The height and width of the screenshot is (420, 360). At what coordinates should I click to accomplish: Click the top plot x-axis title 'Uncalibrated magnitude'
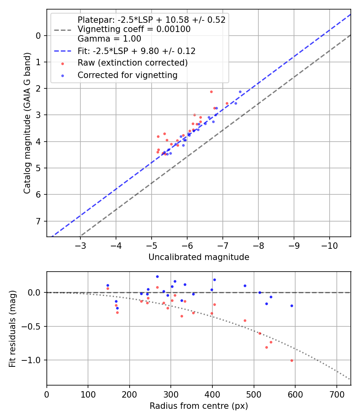pyautogui.click(x=199, y=257)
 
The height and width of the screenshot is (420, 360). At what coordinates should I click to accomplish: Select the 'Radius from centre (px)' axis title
pyautogui.click(x=199, y=406)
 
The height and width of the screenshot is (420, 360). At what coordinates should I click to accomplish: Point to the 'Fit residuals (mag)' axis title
pyautogui.click(x=12, y=328)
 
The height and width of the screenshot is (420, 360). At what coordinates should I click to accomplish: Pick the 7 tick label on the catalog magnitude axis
pyautogui.click(x=38, y=221)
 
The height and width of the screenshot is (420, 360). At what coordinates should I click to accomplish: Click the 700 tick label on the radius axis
pyautogui.click(x=336, y=394)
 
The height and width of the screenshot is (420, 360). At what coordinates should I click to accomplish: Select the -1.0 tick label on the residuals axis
pyautogui.click(x=34, y=360)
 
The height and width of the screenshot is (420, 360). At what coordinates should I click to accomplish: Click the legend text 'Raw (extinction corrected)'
pyautogui.click(x=132, y=63)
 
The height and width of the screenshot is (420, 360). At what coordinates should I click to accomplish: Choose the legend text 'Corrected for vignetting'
pyautogui.click(x=128, y=75)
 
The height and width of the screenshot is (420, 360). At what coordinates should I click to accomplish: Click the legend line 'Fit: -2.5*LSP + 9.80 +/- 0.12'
pyautogui.click(x=62, y=51)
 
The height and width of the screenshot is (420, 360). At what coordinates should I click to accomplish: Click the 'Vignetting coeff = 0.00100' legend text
pyautogui.click(x=134, y=29)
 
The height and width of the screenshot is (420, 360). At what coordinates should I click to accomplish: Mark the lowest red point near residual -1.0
pyautogui.click(x=292, y=360)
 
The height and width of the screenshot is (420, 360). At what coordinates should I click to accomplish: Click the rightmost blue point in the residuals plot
pyautogui.click(x=292, y=306)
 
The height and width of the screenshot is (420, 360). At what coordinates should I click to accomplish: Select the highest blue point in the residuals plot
pyautogui.click(x=157, y=276)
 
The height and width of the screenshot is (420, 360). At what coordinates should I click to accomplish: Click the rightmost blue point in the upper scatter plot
pyautogui.click(x=240, y=92)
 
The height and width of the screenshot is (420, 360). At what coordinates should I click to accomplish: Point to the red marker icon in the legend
pyautogui.click(x=62, y=63)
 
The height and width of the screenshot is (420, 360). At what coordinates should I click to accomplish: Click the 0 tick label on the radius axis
pyautogui.click(x=47, y=394)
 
